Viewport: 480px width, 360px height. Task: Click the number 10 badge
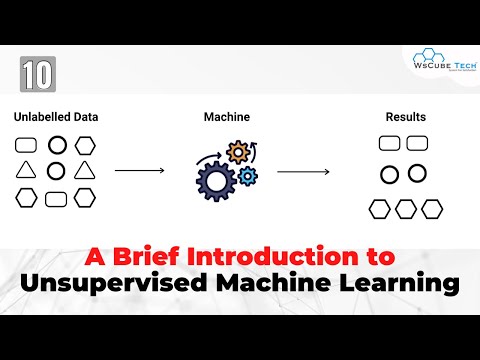pos(37,73)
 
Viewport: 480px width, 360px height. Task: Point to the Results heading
pos(405,116)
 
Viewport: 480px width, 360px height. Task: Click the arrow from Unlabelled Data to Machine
pos(139,171)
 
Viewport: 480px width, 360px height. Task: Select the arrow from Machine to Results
pos(303,171)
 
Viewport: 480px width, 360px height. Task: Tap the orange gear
pos(237,153)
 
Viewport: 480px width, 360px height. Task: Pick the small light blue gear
pos(246,177)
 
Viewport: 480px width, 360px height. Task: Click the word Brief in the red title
pos(131,254)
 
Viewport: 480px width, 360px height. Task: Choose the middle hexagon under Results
pos(405,208)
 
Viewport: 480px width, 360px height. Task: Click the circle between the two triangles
pos(56,170)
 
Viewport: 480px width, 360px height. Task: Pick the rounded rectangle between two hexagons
pos(56,198)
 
